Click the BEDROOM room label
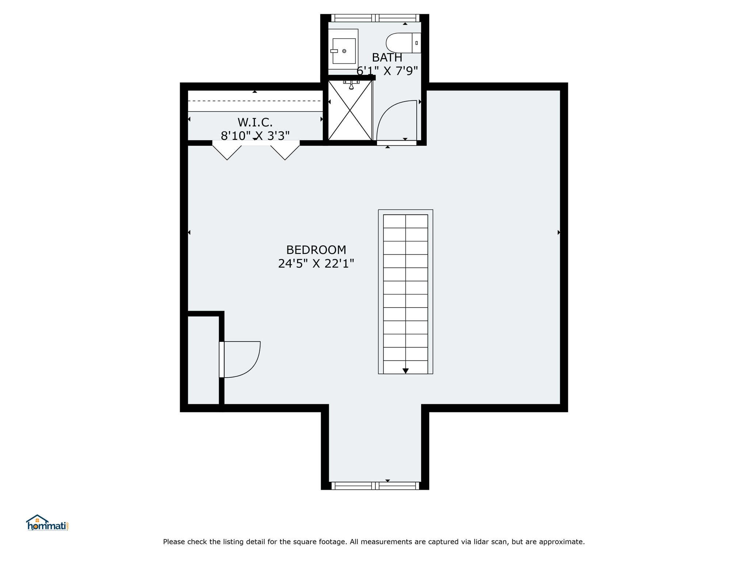(x=316, y=250)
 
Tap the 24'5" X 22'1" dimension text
(x=316, y=263)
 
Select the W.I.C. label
(x=255, y=122)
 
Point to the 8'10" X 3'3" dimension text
(x=255, y=136)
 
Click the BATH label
(x=387, y=58)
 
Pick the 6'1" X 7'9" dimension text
(x=387, y=71)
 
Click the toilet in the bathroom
(x=404, y=43)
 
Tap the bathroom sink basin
(x=344, y=51)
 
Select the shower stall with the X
(x=350, y=110)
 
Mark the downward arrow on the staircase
(x=405, y=371)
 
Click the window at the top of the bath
(x=375, y=18)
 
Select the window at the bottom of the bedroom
(x=375, y=486)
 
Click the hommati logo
(x=47, y=523)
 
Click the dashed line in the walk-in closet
(x=255, y=101)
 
